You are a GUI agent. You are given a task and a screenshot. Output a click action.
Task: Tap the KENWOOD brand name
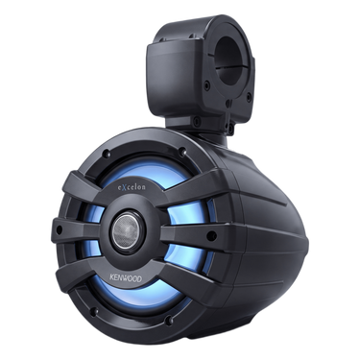tap(126, 277)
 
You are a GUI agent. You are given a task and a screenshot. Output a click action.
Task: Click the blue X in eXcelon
tap(123, 187)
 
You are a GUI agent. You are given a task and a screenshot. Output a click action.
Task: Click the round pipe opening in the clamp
tap(229, 61)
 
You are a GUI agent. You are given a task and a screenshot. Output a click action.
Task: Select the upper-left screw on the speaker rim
tap(106, 155)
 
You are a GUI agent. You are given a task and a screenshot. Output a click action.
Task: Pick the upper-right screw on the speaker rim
tap(182, 151)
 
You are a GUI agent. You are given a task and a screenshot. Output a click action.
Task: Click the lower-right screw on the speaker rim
tap(169, 321)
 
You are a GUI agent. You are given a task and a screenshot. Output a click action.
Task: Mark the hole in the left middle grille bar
tap(59, 229)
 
